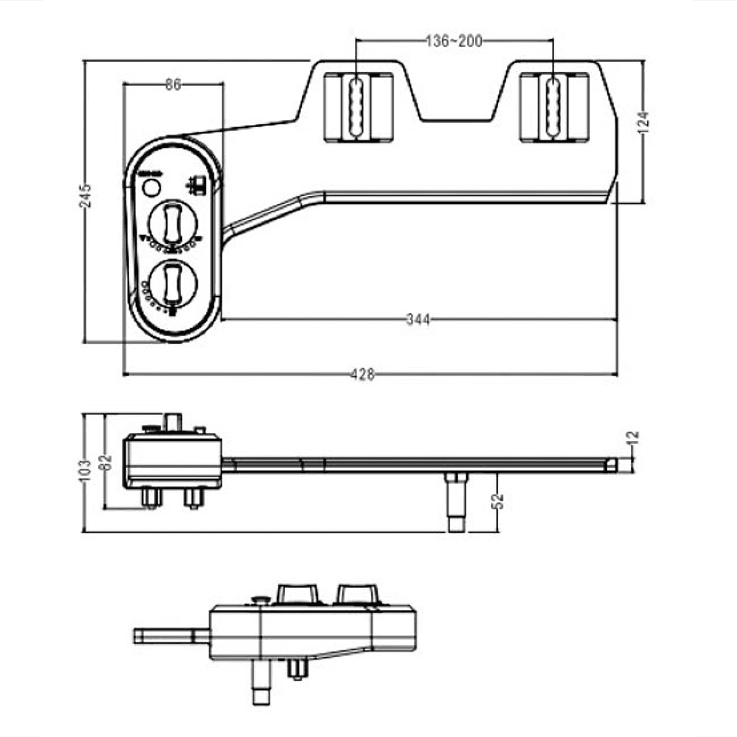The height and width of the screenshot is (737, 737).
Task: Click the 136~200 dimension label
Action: coord(454,41)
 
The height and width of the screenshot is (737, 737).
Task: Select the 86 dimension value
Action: coord(172,85)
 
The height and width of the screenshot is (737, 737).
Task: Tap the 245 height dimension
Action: coord(85,196)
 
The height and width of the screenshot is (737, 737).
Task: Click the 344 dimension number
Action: coord(418,320)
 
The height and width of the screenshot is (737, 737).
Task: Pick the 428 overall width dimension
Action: coord(363,374)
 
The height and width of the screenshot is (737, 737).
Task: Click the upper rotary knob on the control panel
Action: coord(173,224)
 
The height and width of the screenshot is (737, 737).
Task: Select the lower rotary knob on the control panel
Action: coord(173,284)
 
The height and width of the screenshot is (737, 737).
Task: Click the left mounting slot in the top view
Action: coord(357,107)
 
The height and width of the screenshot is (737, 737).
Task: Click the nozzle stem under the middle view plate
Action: coord(456,504)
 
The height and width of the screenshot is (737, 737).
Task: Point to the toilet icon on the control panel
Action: coord(197,185)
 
